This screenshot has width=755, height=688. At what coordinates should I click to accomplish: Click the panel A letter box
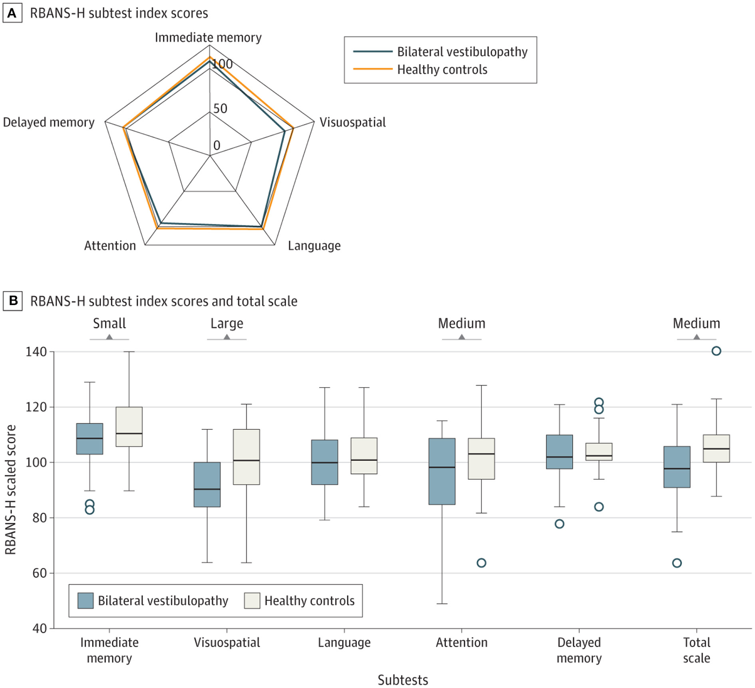(x=12, y=13)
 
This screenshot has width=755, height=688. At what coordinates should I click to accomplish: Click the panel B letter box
(x=13, y=301)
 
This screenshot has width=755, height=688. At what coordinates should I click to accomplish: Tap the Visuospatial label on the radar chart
(x=352, y=122)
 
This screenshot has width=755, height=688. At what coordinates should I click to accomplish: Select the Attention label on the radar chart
(x=110, y=246)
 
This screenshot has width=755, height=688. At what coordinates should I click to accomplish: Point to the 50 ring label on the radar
(x=220, y=109)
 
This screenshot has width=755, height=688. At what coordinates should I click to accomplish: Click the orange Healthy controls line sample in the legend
(x=372, y=69)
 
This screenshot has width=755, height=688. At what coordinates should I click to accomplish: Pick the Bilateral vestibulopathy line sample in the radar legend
(x=372, y=52)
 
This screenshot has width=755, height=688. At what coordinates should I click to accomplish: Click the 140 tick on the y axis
(x=36, y=352)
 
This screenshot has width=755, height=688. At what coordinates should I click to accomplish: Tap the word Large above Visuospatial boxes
(x=227, y=323)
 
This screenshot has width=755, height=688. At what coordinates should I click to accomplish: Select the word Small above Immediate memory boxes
(x=110, y=323)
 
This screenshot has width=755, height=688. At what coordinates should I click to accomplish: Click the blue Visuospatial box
(x=207, y=484)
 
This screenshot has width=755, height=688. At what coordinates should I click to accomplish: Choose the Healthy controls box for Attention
(x=481, y=459)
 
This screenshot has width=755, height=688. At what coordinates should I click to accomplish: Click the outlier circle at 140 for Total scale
(x=716, y=351)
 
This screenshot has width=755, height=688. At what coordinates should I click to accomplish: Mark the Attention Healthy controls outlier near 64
(x=481, y=563)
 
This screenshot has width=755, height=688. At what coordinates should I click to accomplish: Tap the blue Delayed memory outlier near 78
(x=559, y=524)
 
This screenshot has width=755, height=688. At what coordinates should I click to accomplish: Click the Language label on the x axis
(x=344, y=642)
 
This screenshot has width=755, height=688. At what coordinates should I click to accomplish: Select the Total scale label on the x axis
(x=697, y=650)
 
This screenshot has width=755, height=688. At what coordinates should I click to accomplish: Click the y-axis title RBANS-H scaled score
(x=10, y=489)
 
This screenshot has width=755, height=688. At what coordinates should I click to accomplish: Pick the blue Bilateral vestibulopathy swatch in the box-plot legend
(x=86, y=601)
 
